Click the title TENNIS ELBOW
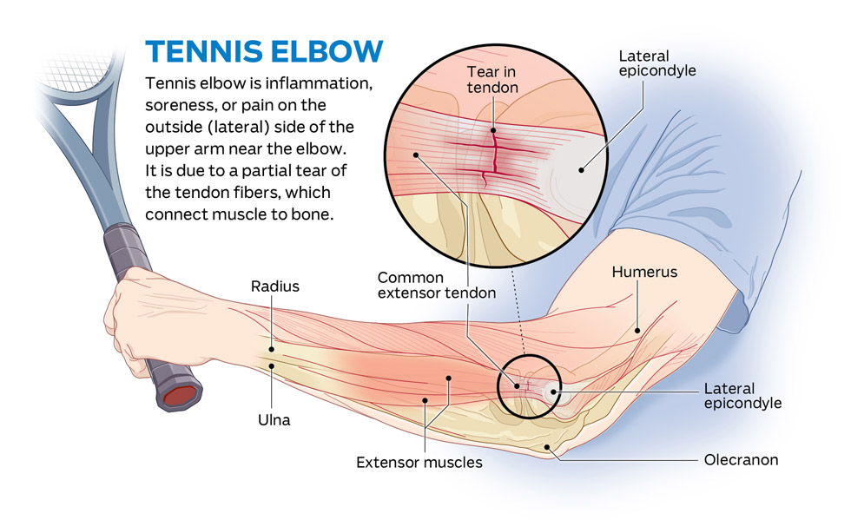265,51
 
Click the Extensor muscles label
419,463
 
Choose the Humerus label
644,272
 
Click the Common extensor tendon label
437,286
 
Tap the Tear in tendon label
492,79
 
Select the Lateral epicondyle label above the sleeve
656,63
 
